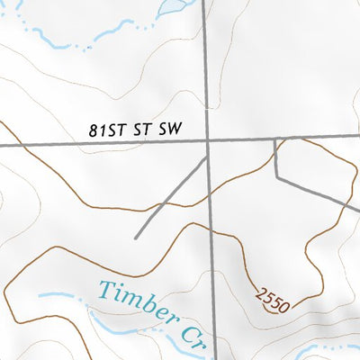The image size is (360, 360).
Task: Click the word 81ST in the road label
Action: pyautogui.click(x=105, y=130)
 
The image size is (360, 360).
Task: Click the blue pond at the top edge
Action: pyautogui.click(x=171, y=7)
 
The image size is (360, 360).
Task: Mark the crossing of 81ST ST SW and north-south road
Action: pyautogui.click(x=208, y=141)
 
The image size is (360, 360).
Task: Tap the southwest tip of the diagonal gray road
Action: pyautogui.click(x=135, y=238)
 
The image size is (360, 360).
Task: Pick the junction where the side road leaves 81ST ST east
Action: pyautogui.click(x=274, y=139)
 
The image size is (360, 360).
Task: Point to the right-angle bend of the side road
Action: pyautogui.click(x=275, y=175)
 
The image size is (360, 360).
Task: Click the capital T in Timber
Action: pyautogui.click(x=105, y=290)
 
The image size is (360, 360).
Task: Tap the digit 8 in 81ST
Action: pyautogui.click(x=94, y=130)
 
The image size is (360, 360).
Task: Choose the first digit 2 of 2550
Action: pyautogui.click(x=260, y=292)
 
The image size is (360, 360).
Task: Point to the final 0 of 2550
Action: pyautogui.click(x=283, y=308)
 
